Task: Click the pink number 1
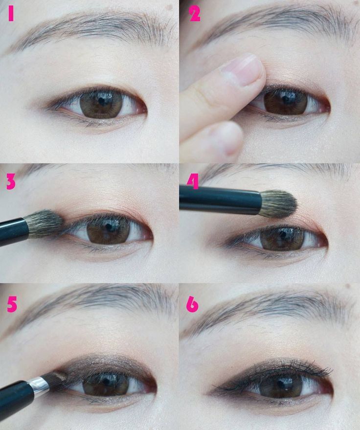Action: pos(11,14)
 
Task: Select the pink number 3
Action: pos(11,182)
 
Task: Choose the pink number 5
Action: pos(12,305)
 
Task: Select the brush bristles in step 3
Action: pos(45,224)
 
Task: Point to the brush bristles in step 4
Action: pos(278,204)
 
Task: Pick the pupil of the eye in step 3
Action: pos(110,227)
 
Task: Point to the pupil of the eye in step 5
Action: pos(106,382)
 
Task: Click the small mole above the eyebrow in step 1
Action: pos(169,7)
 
